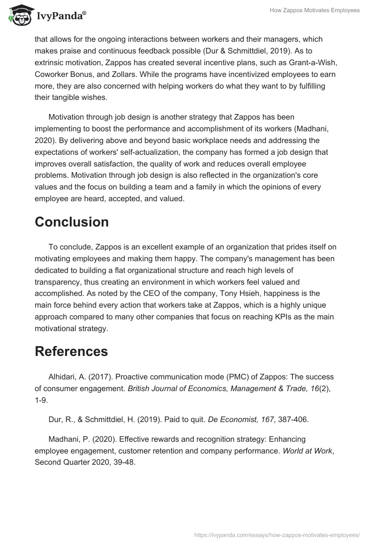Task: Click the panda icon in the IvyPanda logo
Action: coord(17,15)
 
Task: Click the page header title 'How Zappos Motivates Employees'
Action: coord(315,10)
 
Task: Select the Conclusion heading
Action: coord(72,222)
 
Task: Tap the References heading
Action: coord(71,351)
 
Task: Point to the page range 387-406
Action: coord(291,420)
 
